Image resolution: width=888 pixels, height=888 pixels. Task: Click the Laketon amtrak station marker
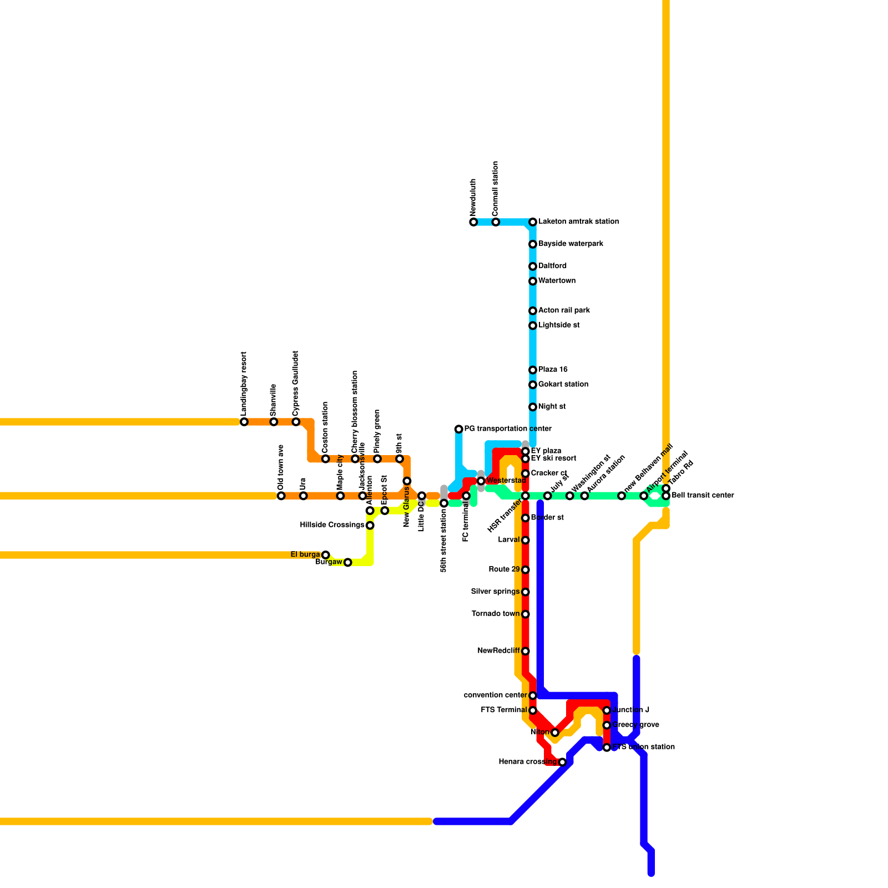click(533, 222)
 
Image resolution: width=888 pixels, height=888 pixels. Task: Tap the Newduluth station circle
click(473, 222)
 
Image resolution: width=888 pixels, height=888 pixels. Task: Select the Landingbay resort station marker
click(244, 422)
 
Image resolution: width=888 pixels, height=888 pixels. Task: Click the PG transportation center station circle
click(458, 429)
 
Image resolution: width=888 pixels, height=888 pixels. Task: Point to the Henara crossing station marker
click(562, 762)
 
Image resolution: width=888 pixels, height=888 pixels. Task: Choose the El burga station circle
click(326, 555)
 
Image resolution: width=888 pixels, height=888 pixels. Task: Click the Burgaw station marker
click(348, 562)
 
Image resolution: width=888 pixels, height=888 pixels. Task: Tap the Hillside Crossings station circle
click(370, 525)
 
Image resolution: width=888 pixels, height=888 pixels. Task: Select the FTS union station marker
click(607, 748)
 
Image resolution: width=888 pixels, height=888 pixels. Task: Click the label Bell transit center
click(703, 495)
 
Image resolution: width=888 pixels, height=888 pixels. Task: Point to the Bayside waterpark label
click(571, 244)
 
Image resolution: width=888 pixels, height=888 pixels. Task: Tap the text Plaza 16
click(553, 370)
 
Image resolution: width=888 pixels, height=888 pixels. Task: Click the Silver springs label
click(495, 592)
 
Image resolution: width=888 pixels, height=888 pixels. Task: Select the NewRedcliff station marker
click(526, 651)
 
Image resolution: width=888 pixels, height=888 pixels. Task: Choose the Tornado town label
click(496, 614)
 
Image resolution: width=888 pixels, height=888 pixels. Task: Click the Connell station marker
click(496, 222)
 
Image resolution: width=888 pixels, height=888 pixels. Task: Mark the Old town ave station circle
click(281, 496)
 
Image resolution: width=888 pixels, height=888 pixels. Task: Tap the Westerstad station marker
click(481, 481)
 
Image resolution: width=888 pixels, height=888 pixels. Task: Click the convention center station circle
click(533, 695)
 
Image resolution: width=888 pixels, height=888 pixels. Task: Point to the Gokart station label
click(563, 384)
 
